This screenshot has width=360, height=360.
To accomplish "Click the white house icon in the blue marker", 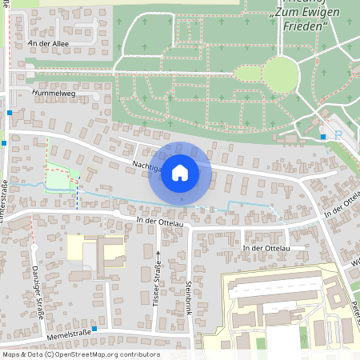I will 180,172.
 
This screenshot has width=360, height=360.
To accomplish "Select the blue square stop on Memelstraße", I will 94,329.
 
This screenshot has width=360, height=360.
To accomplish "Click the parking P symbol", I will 338,134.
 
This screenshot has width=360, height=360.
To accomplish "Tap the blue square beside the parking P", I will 323,137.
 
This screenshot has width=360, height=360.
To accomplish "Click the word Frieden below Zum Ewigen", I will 305,26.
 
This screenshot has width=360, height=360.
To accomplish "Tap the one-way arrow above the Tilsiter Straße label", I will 158,255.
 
